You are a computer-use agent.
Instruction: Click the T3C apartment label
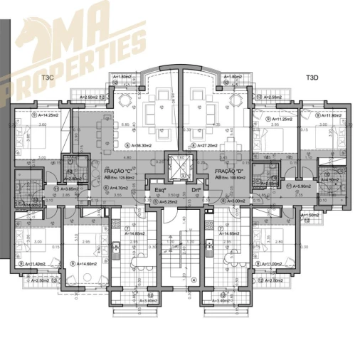pyautogui.click(x=48, y=76)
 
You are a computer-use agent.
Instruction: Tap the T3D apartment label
pyautogui.click(x=312, y=76)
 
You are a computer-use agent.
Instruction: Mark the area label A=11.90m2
pyautogui.click(x=327, y=115)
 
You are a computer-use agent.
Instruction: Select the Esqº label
pyautogui.click(x=162, y=190)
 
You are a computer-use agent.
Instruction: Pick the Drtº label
pyautogui.click(x=196, y=190)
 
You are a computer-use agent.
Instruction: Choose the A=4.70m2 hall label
pyautogui.click(x=119, y=189)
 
